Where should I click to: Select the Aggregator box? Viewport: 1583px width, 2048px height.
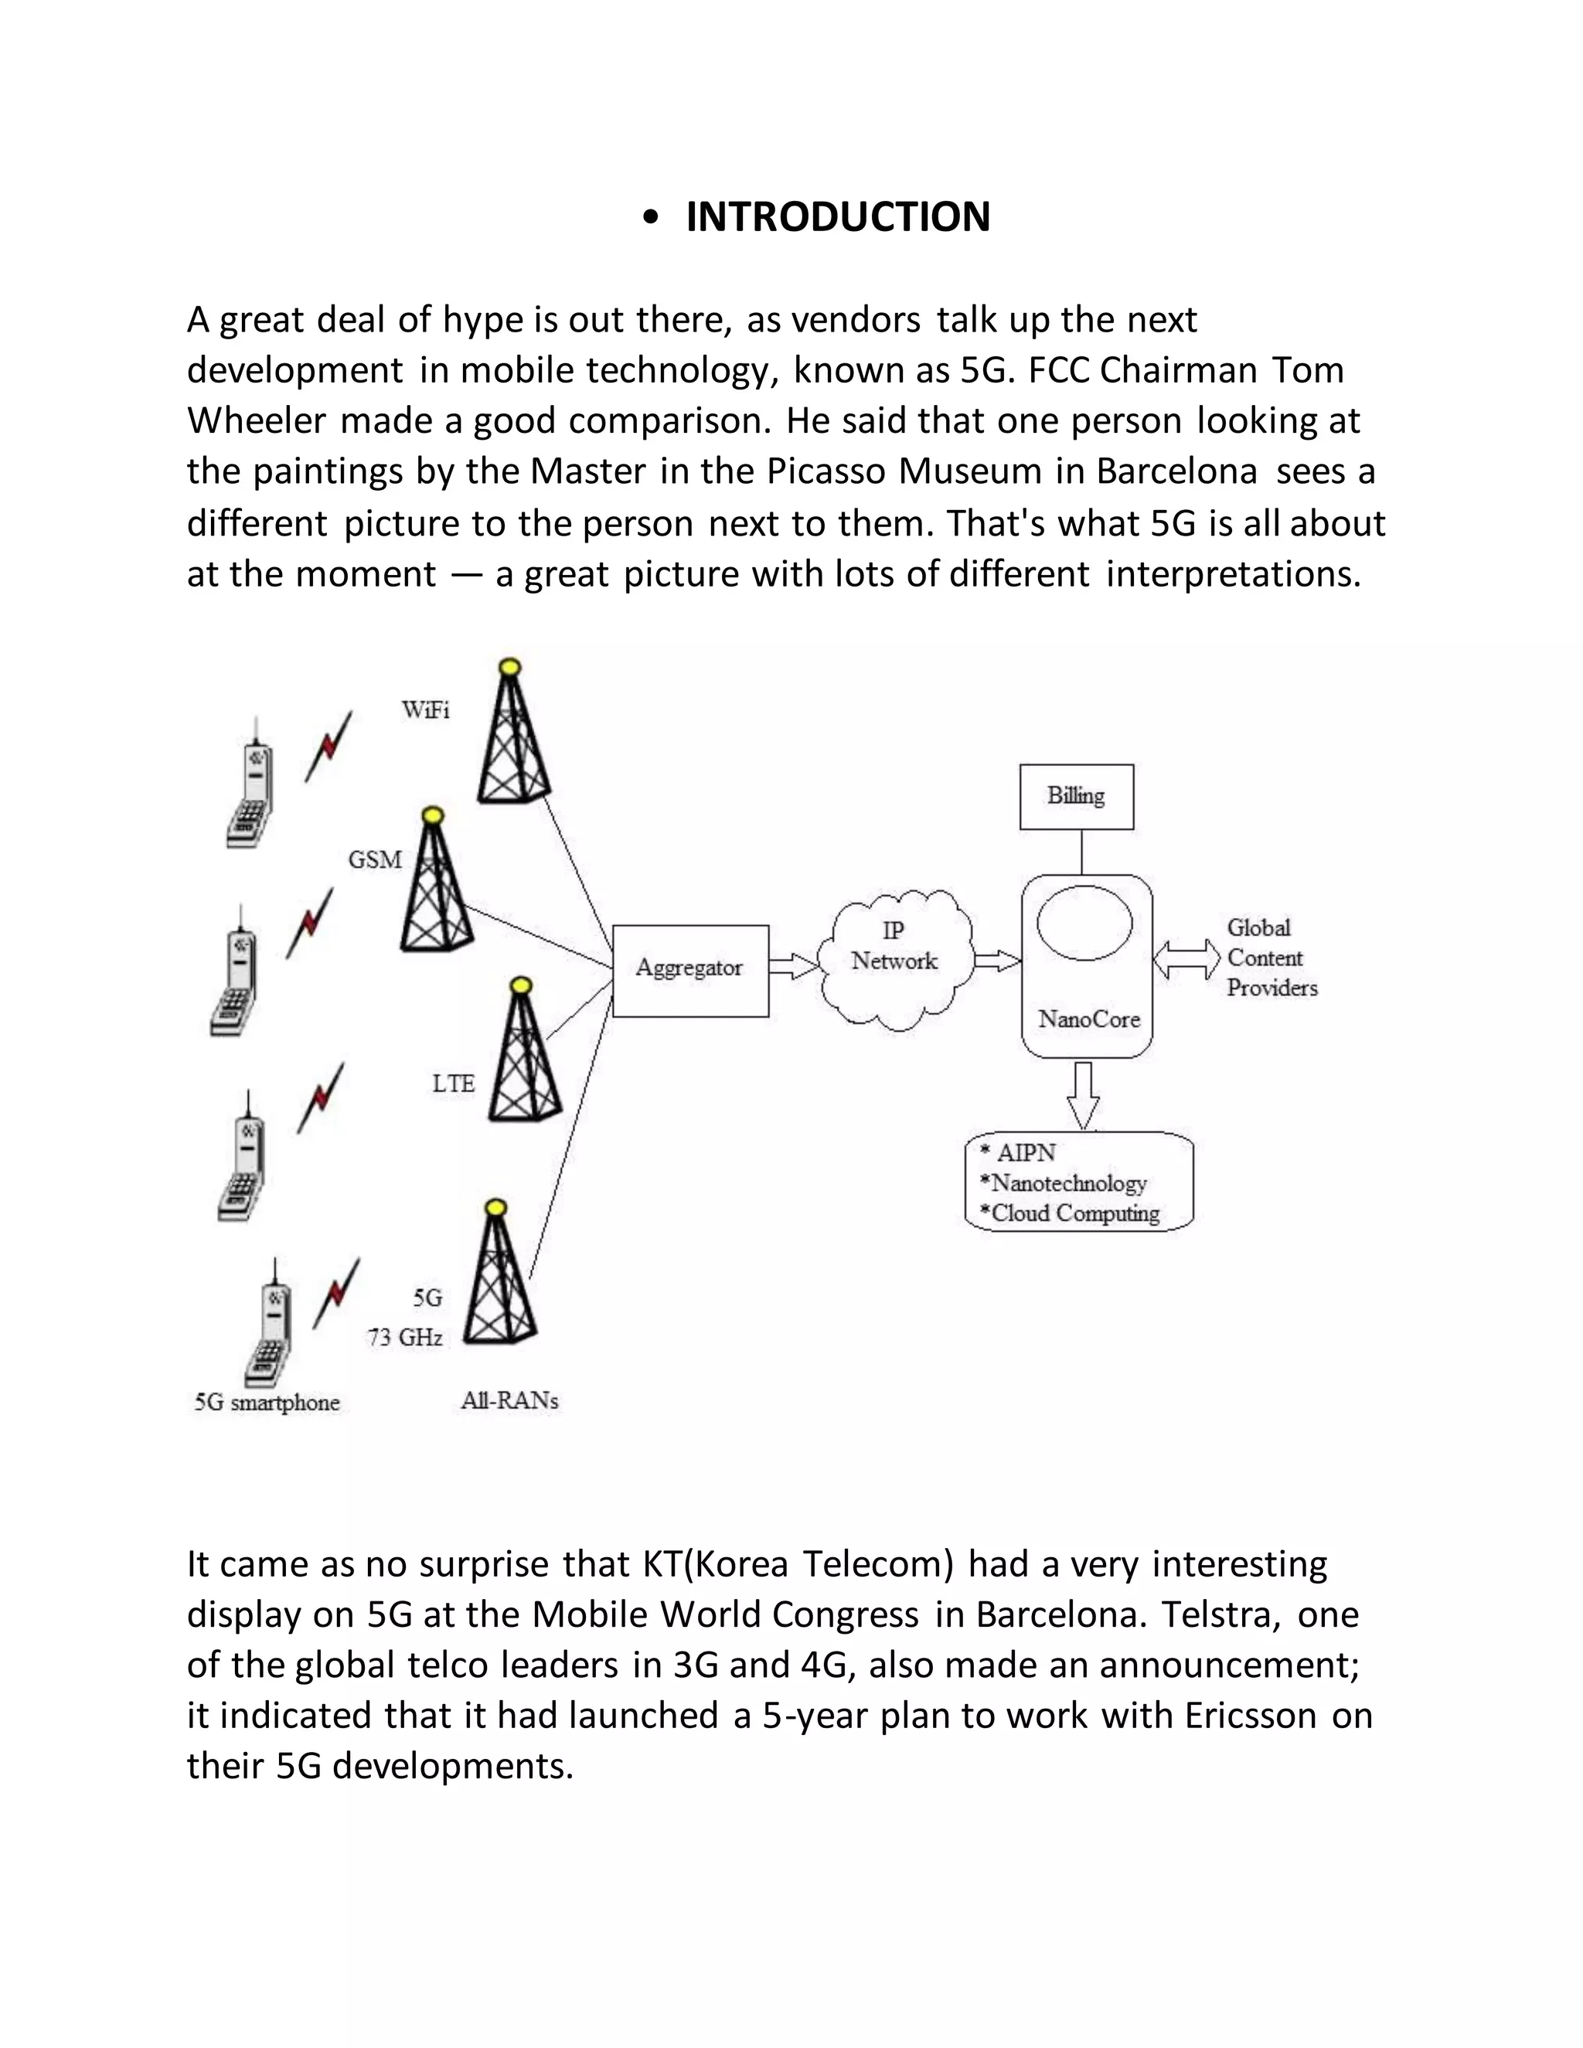(690, 970)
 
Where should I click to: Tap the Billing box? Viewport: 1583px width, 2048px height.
(1076, 796)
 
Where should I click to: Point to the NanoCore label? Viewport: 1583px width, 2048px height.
(1089, 1019)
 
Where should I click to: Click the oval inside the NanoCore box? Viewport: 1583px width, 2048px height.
(1084, 923)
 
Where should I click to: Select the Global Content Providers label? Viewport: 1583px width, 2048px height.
(1271, 958)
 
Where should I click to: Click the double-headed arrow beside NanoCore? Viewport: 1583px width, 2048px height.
(1186, 959)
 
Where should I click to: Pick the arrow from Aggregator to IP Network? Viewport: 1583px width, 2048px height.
(793, 966)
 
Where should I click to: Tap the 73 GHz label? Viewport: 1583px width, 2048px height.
(405, 1337)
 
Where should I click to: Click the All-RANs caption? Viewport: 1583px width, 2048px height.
(509, 1401)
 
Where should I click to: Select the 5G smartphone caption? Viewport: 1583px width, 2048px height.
(267, 1403)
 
